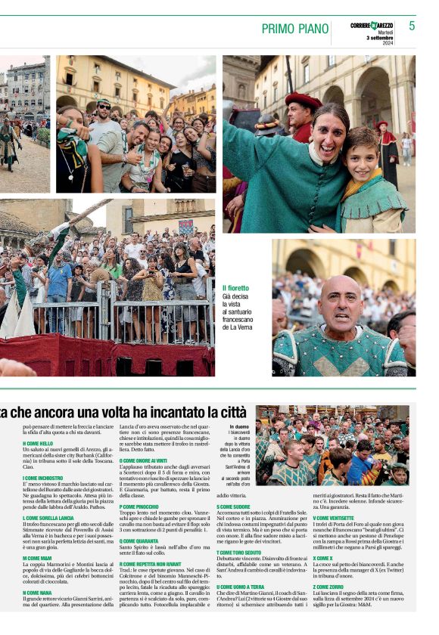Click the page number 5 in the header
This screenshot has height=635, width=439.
coord(412,26)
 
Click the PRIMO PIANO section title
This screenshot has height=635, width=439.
coord(294,29)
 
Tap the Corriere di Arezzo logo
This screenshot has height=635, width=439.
coord(372,26)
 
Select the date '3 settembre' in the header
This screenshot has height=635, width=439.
coord(381,37)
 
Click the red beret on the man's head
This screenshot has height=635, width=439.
coord(304,100)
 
